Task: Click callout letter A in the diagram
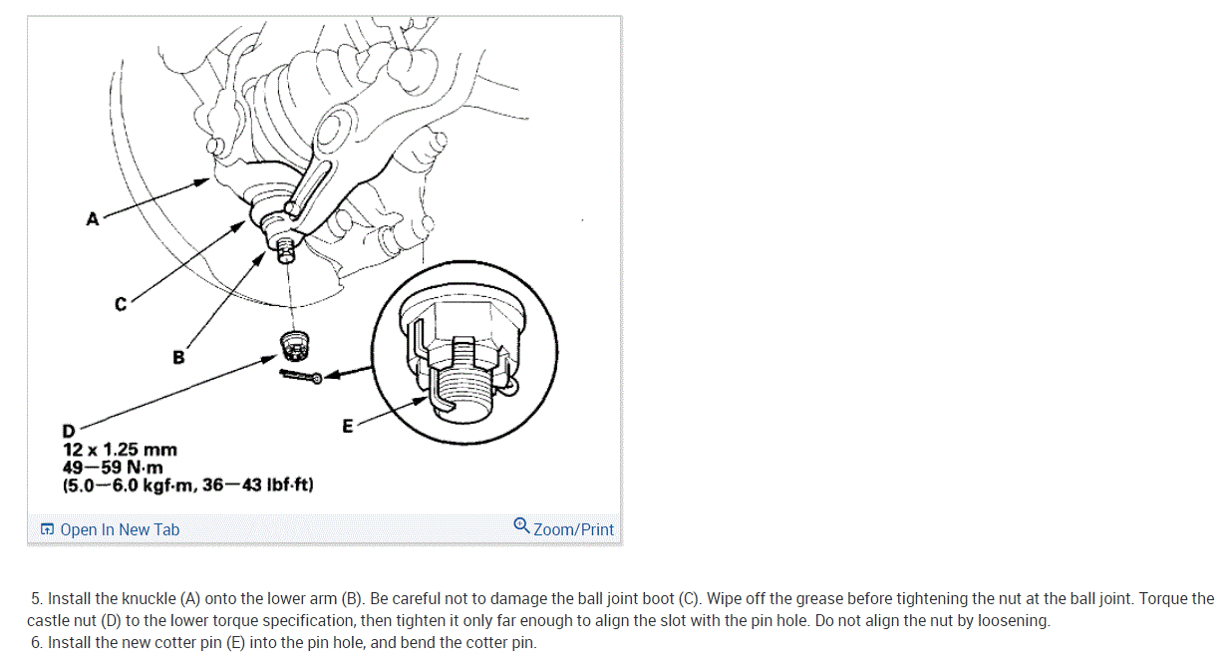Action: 93,218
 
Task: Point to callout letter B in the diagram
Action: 178,358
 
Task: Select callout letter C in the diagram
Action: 121,304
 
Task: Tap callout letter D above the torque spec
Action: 69,431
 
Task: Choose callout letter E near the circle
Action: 348,426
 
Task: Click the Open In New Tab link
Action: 120,529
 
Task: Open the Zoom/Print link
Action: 573,529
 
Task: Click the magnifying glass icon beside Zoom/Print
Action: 521,525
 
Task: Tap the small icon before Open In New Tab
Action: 48,529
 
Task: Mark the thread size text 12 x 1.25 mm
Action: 120,450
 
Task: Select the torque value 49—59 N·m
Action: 113,468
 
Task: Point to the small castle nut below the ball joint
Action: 294,346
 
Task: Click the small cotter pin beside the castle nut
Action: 301,377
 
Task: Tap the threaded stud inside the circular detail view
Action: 463,391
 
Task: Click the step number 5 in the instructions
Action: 36,598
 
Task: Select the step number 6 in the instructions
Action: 36,642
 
